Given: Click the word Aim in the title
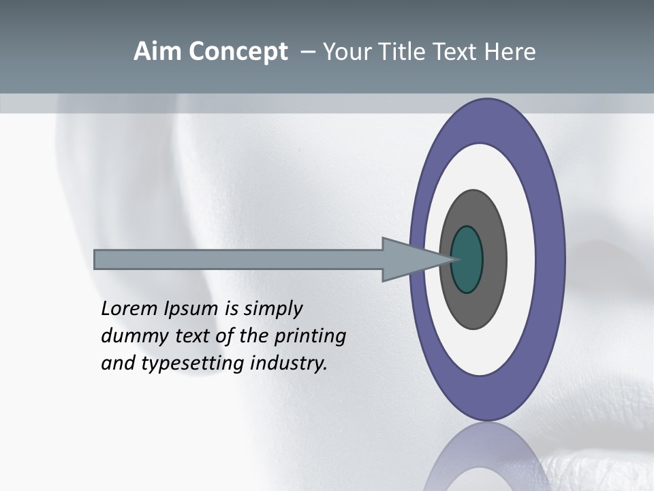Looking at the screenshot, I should (155, 52).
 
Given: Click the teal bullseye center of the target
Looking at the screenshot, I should (467, 259).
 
